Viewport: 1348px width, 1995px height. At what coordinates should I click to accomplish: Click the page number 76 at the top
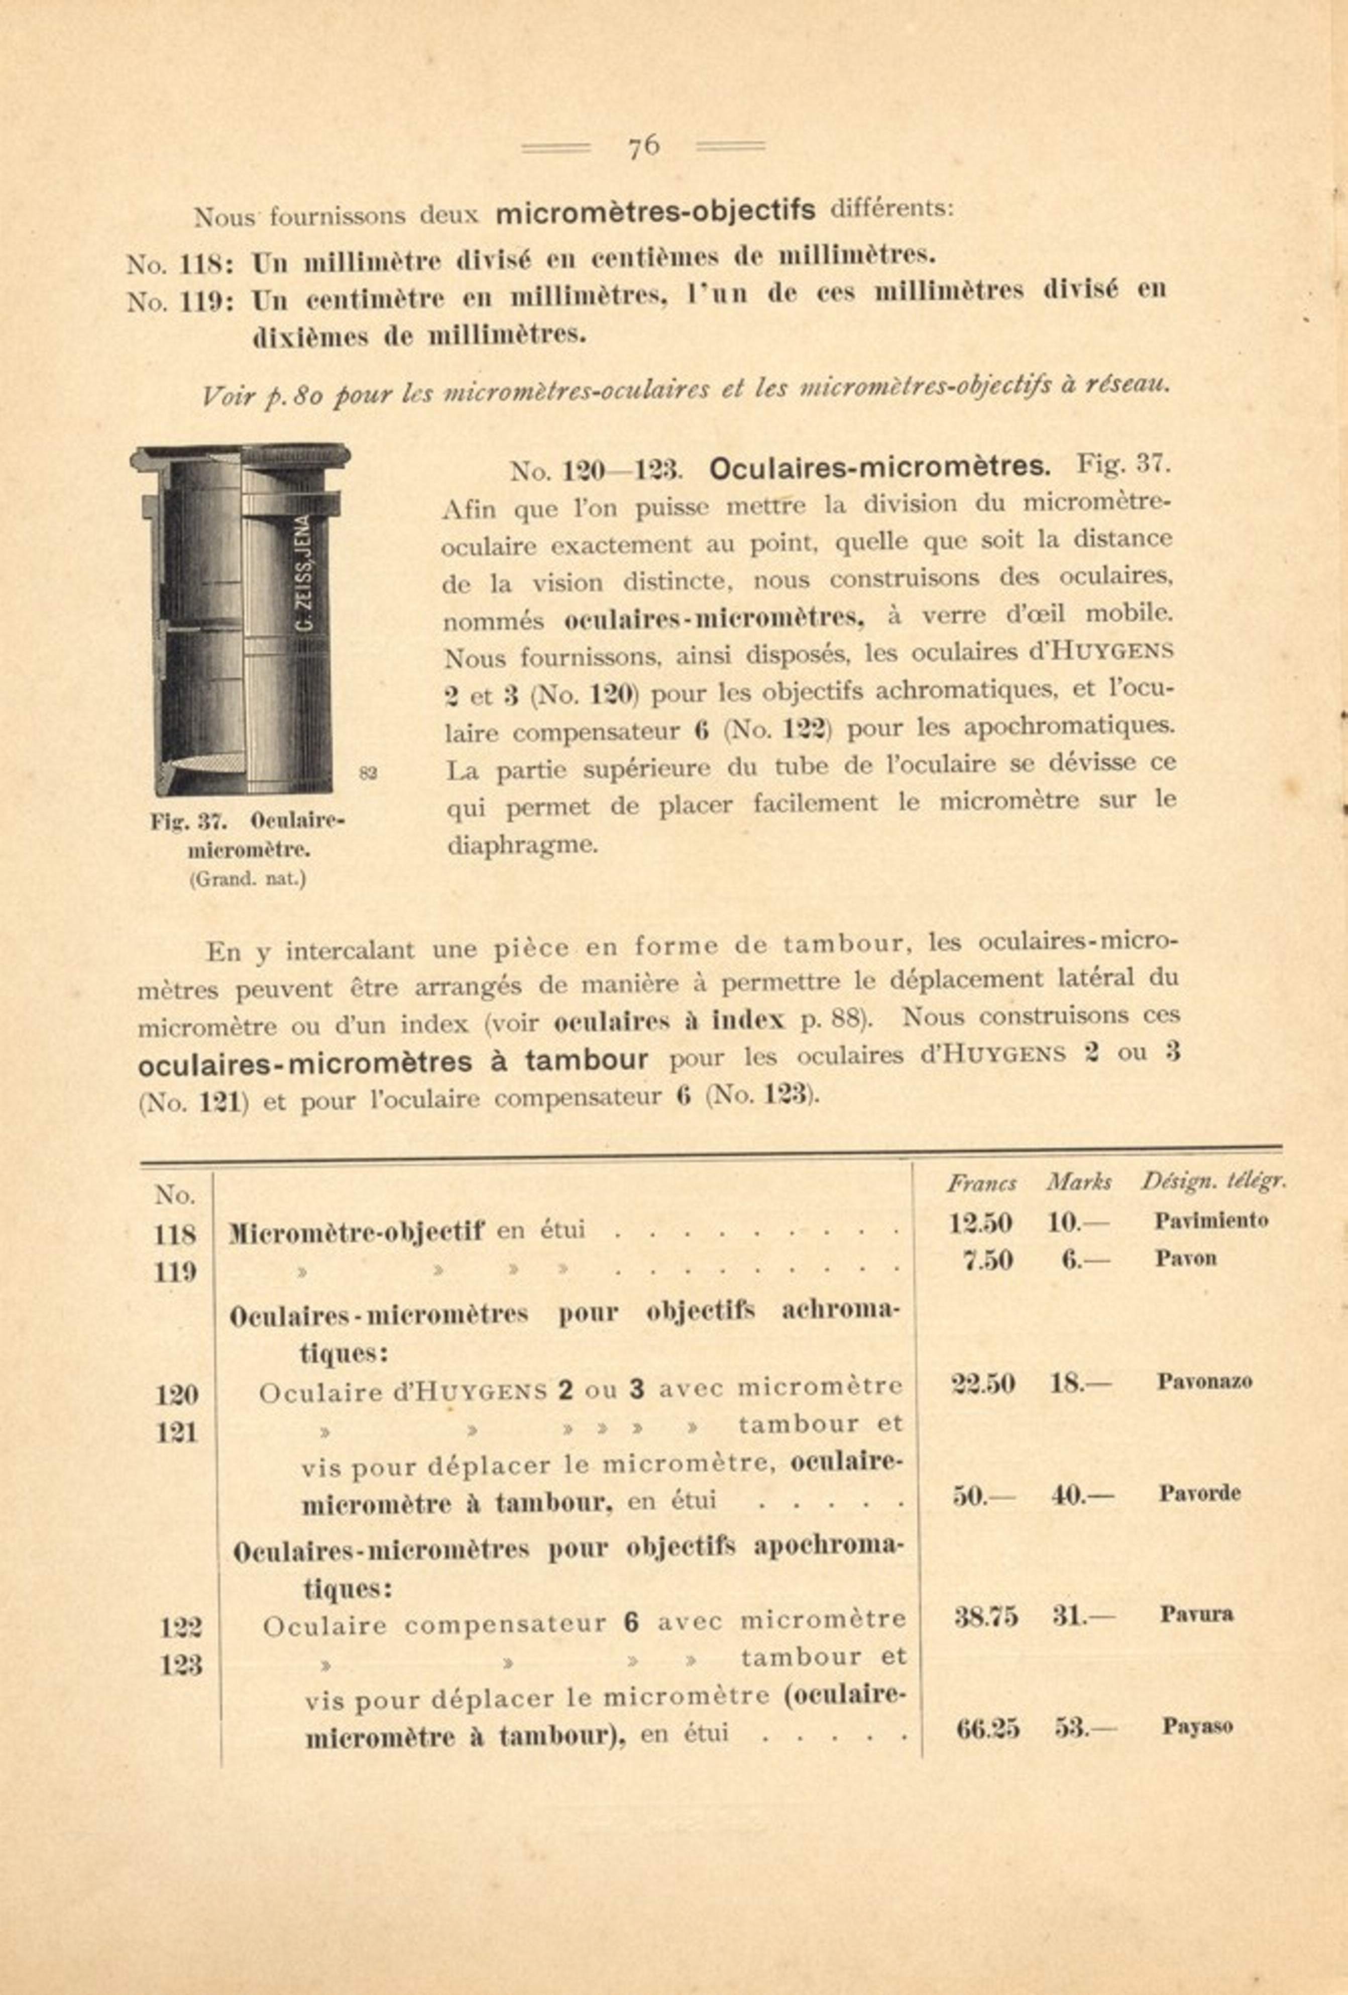(x=643, y=147)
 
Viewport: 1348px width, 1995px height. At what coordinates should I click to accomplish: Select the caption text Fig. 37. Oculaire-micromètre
(x=247, y=834)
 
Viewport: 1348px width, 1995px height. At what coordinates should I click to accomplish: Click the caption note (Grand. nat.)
(x=247, y=880)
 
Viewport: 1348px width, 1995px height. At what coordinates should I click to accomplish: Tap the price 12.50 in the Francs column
(x=980, y=1223)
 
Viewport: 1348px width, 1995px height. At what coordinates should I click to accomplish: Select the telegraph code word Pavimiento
(x=1210, y=1221)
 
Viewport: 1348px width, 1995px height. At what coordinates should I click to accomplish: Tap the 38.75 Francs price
(x=986, y=1616)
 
